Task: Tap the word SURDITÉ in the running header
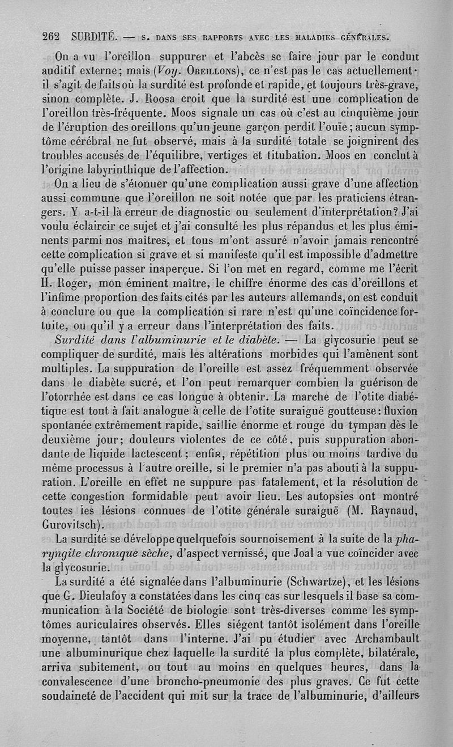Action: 95,37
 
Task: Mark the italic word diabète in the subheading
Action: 253,340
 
